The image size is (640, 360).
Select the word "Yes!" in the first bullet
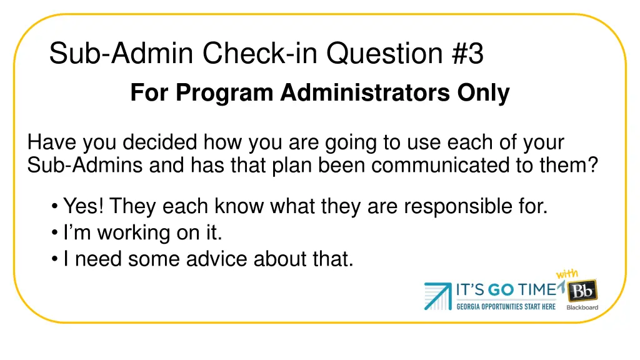(84, 206)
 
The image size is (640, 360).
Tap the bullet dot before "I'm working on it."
(56, 233)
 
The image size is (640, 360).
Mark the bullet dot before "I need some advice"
(56, 259)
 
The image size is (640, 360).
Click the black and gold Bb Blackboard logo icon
(582, 291)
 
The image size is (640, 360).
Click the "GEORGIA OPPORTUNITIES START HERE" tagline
(506, 306)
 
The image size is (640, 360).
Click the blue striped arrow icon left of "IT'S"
(437, 296)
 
